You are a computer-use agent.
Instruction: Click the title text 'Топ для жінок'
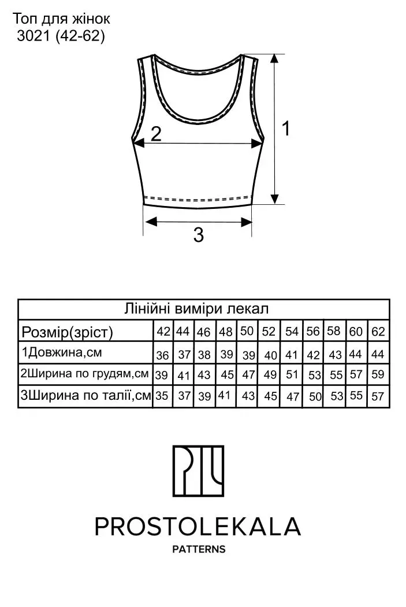click(x=61, y=19)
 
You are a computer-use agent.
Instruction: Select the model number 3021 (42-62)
click(x=61, y=36)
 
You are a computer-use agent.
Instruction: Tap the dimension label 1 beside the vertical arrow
click(x=286, y=128)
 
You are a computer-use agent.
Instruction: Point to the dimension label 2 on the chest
click(x=155, y=134)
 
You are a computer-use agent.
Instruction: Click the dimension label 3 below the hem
click(x=198, y=234)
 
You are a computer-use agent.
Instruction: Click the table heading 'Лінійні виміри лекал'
click(x=196, y=309)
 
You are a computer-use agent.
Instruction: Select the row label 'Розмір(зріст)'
click(x=67, y=332)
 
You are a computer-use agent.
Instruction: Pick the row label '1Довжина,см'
click(x=62, y=352)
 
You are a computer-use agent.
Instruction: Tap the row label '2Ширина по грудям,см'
click(x=84, y=374)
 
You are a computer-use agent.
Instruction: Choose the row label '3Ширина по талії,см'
click(x=85, y=395)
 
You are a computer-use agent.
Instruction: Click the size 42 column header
click(x=163, y=332)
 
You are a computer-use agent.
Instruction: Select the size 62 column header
click(x=378, y=332)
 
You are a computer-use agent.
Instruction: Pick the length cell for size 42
click(x=163, y=355)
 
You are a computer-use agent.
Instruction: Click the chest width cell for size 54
click(x=292, y=374)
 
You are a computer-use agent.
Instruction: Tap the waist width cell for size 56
click(x=315, y=396)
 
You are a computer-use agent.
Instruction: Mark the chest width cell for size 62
click(x=378, y=374)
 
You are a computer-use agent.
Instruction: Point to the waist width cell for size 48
click(x=225, y=395)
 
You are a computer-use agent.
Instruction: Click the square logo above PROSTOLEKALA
click(x=198, y=471)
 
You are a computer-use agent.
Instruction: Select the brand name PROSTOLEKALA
click(x=198, y=527)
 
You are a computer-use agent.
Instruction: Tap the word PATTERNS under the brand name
click(x=199, y=549)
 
